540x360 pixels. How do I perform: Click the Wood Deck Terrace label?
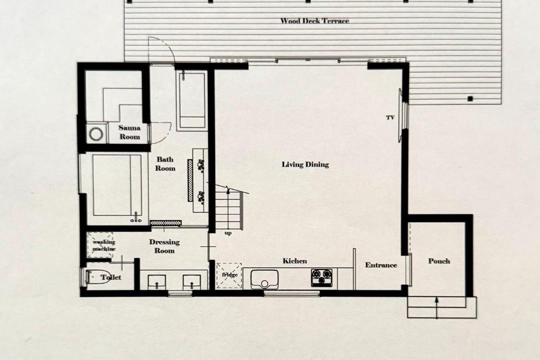(314, 21)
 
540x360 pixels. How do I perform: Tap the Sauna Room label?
(129, 132)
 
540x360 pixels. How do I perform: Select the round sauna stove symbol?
(95, 134)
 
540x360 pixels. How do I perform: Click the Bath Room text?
(165, 163)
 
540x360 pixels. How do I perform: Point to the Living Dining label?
(305, 164)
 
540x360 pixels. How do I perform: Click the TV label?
(390, 118)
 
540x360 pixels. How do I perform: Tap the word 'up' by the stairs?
(228, 233)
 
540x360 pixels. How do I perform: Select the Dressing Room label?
(164, 246)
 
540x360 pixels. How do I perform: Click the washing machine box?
(100, 244)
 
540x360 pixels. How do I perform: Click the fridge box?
(229, 275)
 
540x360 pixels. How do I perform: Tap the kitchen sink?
(264, 279)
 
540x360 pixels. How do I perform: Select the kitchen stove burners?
(321, 277)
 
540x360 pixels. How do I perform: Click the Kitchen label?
(295, 261)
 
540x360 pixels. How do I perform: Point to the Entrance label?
(381, 265)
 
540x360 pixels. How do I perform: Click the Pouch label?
(439, 261)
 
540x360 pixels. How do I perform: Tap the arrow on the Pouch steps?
(436, 307)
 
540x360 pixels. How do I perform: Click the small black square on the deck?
(470, 99)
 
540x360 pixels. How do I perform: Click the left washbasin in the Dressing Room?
(156, 282)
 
